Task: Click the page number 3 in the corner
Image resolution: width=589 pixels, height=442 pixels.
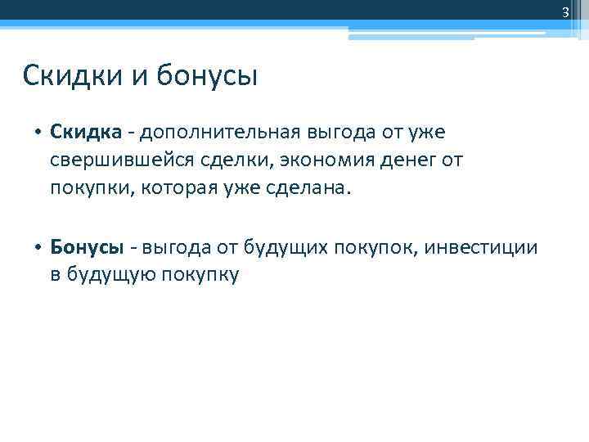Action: pyautogui.click(x=564, y=11)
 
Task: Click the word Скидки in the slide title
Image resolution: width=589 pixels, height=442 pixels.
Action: pyautogui.click(x=70, y=77)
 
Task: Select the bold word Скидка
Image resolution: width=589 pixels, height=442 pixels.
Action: pyautogui.click(x=86, y=131)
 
